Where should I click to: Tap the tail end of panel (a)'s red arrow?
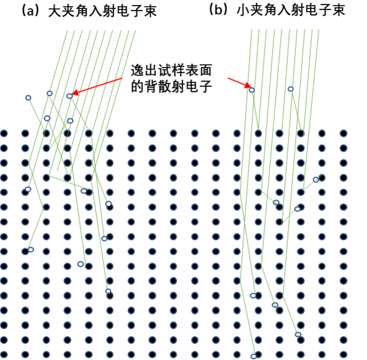coord(122,79)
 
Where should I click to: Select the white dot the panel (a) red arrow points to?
coord(70,96)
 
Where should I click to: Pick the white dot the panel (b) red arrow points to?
coord(252,90)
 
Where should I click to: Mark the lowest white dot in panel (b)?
coord(253,356)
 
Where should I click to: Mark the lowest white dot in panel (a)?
coord(108,291)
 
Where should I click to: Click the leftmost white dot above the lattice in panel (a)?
coord(28,98)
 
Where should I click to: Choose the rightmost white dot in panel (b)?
coord(316,179)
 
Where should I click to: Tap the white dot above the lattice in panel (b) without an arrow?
coord(290,89)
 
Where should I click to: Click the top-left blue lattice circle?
coord(4,134)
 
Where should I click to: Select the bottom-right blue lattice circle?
coord(343,354)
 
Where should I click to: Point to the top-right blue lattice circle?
coord(343,134)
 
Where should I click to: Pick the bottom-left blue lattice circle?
coord(4,354)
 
